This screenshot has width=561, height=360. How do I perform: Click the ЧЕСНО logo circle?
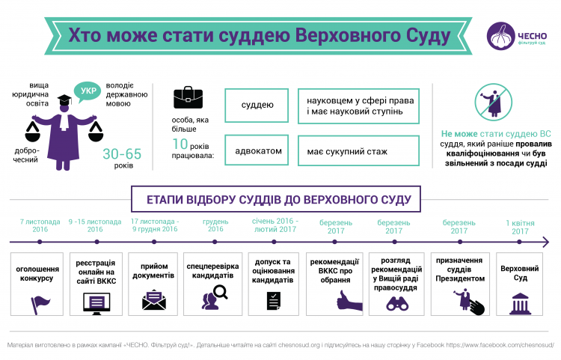tap(501, 34)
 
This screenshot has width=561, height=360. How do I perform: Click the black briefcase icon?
tap(188, 97)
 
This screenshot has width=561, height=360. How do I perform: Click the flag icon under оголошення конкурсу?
tap(39, 302)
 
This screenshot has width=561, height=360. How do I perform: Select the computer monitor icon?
tap(96, 302)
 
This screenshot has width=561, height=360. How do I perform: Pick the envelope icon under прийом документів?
tap(153, 302)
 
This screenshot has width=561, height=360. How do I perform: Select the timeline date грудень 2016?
tap(215, 226)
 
